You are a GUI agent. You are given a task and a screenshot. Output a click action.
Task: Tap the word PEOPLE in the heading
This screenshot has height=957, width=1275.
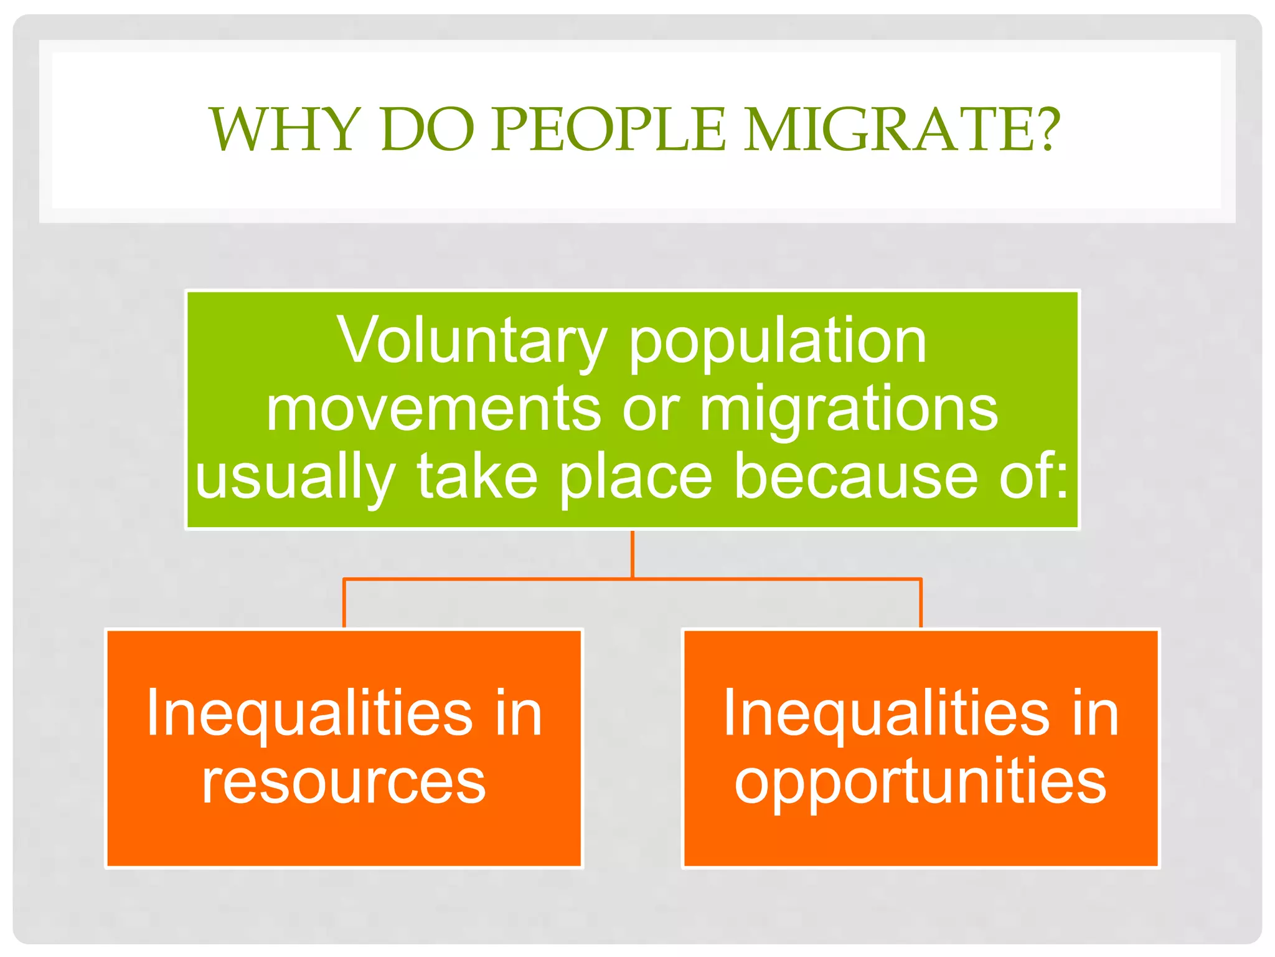click(608, 130)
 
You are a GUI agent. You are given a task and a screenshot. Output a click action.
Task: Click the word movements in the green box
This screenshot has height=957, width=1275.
click(433, 409)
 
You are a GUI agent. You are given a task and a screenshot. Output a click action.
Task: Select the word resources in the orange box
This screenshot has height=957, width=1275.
click(344, 783)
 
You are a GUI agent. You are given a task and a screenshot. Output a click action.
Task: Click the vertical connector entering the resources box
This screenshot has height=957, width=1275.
click(344, 603)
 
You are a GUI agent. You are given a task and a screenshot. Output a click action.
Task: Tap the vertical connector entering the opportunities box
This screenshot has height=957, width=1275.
click(921, 603)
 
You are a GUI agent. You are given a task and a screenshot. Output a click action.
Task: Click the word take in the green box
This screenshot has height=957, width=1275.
click(476, 477)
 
